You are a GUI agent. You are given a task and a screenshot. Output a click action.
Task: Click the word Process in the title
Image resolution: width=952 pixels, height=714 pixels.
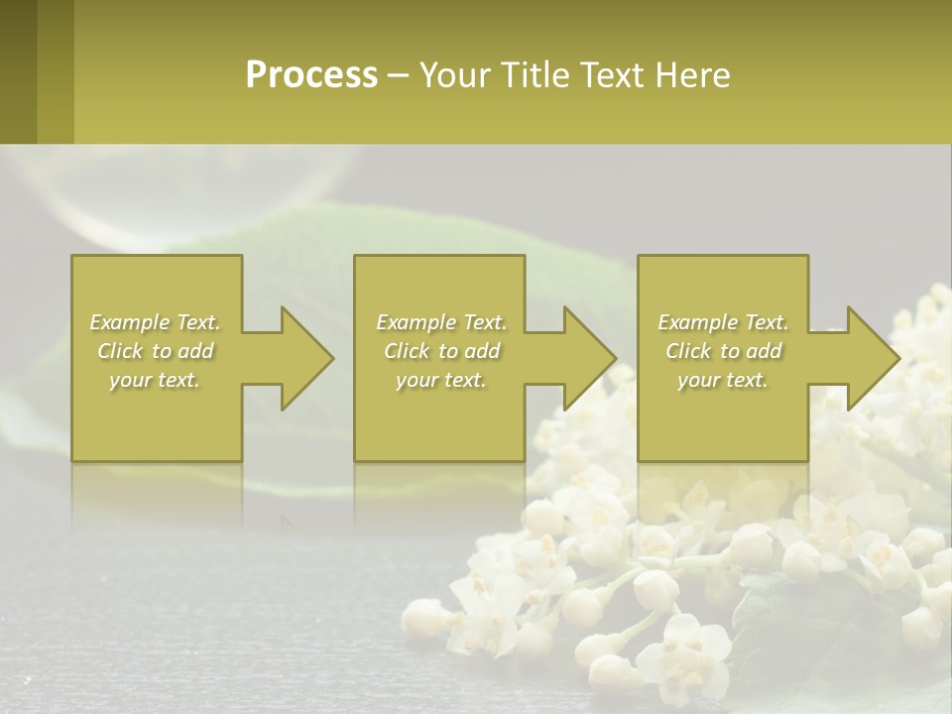pyautogui.click(x=311, y=75)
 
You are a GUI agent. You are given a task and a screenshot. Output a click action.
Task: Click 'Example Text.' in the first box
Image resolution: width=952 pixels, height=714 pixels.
pyautogui.click(x=155, y=322)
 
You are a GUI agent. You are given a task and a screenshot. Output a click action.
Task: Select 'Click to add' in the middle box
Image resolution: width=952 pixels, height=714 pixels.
pyautogui.click(x=441, y=351)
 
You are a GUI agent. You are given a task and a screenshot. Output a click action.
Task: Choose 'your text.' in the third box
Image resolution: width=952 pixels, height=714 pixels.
pyautogui.click(x=723, y=380)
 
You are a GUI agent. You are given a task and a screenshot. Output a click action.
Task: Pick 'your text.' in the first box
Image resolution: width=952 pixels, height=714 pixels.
pyautogui.click(x=155, y=380)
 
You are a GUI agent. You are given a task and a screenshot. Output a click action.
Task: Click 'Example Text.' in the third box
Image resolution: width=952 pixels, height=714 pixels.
pyautogui.click(x=723, y=322)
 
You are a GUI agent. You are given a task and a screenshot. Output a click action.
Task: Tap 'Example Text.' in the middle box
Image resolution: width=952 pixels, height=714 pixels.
pyautogui.click(x=441, y=322)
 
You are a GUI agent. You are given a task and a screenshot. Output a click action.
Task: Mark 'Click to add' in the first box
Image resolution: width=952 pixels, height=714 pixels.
pyautogui.click(x=155, y=351)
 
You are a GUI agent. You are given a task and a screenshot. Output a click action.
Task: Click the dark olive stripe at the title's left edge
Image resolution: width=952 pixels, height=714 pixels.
pyautogui.click(x=18, y=71)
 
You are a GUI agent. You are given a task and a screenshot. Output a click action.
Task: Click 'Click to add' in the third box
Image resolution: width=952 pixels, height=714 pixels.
pyautogui.click(x=723, y=351)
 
